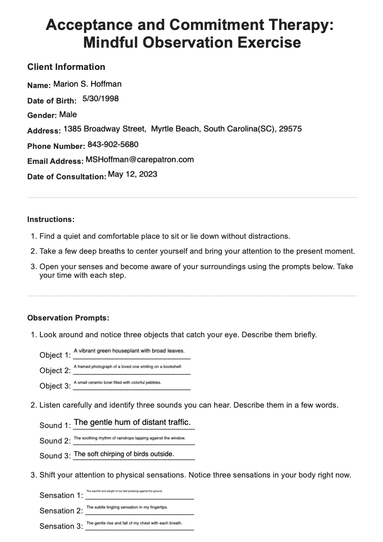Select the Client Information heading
pyautogui.click(x=66, y=67)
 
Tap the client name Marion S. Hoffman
pyautogui.click(x=88, y=84)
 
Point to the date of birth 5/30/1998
pyautogui.click(x=101, y=99)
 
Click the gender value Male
pyautogui.click(x=68, y=114)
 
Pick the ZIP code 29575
pyautogui.click(x=290, y=129)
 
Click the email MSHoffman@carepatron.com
pyautogui.click(x=139, y=159)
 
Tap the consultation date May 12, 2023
pyautogui.click(x=133, y=174)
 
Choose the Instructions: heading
pyautogui.click(x=51, y=219)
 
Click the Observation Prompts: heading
pyautogui.click(x=68, y=318)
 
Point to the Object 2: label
pyautogui.click(x=55, y=370)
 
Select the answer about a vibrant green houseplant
pyautogui.click(x=129, y=351)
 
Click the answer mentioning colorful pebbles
pyautogui.click(x=117, y=383)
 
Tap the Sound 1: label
pyautogui.click(x=55, y=425)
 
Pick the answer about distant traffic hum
pyautogui.click(x=132, y=422)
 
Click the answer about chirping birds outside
pyautogui.click(x=124, y=454)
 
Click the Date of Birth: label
pyautogui.click(x=52, y=101)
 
